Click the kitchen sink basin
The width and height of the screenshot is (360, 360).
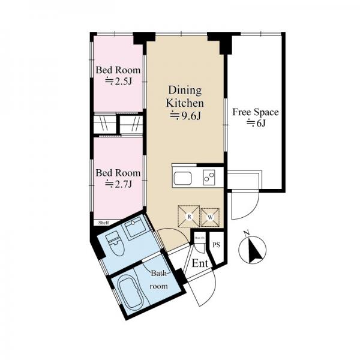point(182,178)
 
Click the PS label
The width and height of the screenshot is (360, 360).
point(217,245)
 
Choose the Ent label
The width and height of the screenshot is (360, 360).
point(200,263)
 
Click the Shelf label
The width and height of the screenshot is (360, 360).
point(103,223)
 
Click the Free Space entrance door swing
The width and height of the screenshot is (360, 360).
point(242,206)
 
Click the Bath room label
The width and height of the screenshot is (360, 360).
point(159,279)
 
